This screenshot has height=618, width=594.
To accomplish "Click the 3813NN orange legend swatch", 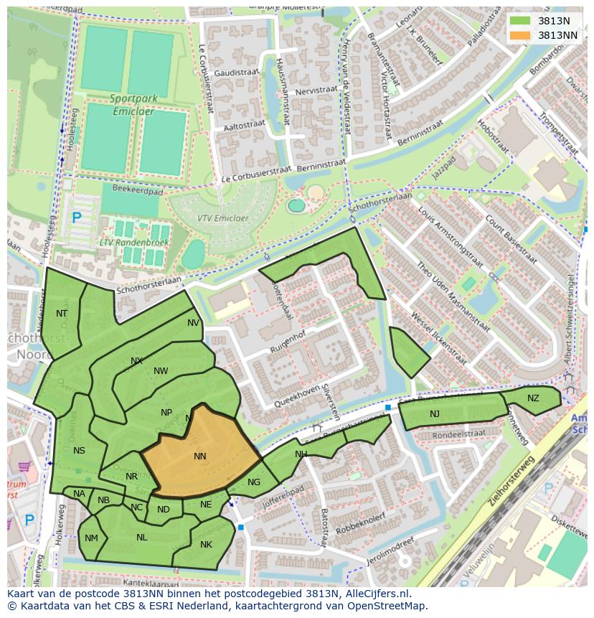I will click(x=521, y=34).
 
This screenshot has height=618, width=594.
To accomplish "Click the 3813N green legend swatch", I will click(x=521, y=21).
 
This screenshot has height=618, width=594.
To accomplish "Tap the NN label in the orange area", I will click(x=200, y=456).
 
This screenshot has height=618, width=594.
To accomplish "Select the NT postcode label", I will click(x=62, y=313).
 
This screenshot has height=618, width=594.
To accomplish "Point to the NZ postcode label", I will click(x=533, y=398).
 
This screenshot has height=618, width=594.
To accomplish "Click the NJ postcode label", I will click(x=435, y=413).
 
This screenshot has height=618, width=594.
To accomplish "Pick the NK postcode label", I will click(x=206, y=544).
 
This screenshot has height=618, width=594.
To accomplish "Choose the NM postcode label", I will click(x=91, y=538).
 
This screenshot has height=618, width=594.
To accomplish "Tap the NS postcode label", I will click(x=79, y=450).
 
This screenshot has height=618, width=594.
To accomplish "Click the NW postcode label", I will click(x=161, y=371).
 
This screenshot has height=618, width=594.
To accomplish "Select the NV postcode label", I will click(x=194, y=323).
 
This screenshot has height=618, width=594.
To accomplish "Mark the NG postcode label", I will click(x=254, y=482).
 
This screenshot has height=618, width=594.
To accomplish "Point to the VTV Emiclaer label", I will click(x=223, y=219).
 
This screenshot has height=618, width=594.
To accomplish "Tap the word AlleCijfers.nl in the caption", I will click(x=377, y=594).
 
